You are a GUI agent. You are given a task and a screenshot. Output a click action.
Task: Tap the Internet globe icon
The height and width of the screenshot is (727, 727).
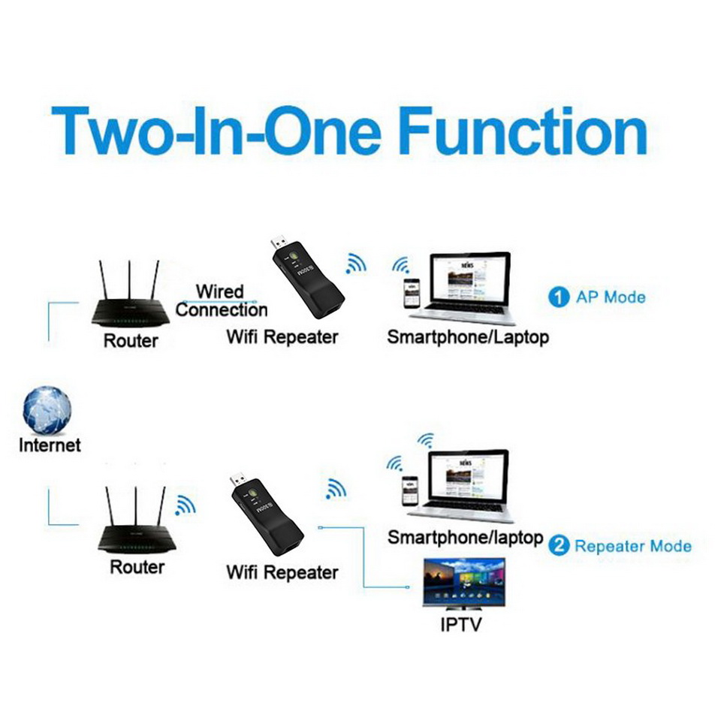point(48,410)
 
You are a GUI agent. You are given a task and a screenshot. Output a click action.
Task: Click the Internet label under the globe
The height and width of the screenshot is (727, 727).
point(50,445)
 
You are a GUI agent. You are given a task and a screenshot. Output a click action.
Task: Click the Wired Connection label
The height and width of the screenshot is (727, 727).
point(221,300)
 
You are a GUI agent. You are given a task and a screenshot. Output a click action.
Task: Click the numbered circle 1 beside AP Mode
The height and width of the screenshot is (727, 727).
point(558,297)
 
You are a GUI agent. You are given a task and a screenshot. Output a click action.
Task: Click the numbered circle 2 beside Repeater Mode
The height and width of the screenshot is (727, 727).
point(559,545)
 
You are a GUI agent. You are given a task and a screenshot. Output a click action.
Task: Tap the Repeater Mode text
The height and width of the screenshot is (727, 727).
point(632,545)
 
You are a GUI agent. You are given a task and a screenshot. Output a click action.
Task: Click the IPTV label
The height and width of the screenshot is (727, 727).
point(461,625)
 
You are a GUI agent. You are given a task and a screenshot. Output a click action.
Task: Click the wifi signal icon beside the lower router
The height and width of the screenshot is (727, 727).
point(184,505)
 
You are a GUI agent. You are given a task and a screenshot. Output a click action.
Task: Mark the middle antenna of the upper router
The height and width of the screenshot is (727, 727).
point(129,280)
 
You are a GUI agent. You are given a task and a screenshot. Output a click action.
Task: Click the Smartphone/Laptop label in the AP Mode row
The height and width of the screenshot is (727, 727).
point(467,336)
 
